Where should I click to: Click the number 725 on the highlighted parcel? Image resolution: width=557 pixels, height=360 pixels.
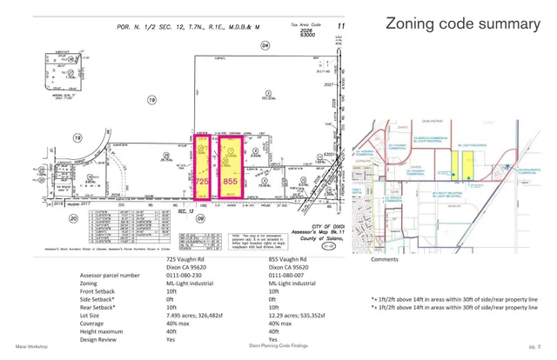[202, 183]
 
